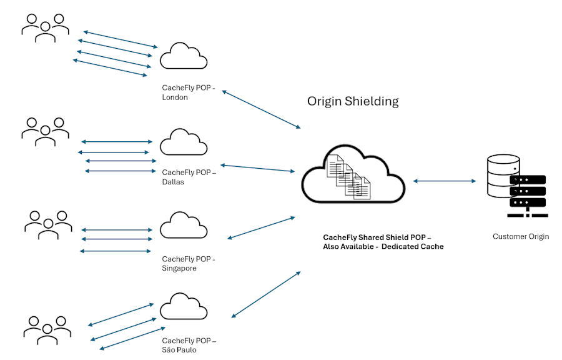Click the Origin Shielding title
tap(353, 101)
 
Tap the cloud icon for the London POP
tap(184, 57)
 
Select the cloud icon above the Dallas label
tap(184, 142)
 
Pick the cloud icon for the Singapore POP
tap(184, 226)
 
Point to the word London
tap(175, 97)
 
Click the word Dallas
tap(173, 182)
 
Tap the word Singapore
tap(179, 268)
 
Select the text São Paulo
tap(179, 350)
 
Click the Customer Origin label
tap(521, 237)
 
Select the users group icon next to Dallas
tap(45, 131)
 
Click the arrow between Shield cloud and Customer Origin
tap(444, 181)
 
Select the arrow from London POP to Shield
tap(261, 110)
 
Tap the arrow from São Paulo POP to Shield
tap(265, 294)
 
